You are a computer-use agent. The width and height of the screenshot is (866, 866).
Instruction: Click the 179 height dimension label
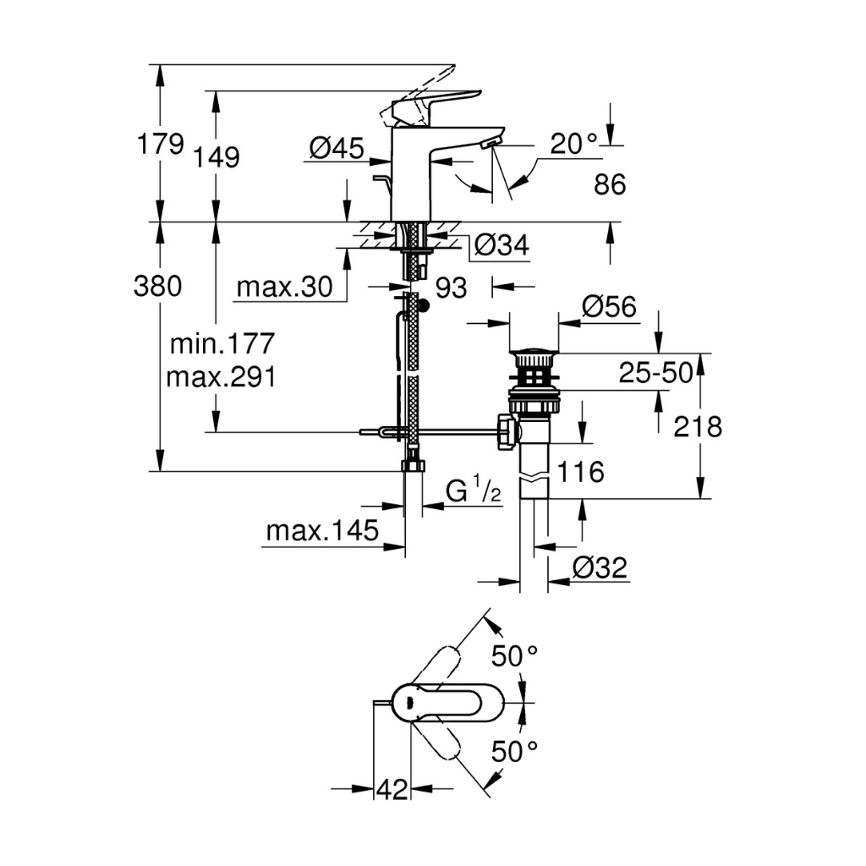(x=161, y=144)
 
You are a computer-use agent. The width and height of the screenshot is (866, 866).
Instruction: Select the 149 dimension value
(x=216, y=157)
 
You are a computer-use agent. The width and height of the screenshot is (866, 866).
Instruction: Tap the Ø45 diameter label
(x=336, y=150)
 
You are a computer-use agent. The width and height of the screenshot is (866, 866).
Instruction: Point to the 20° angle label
(x=573, y=144)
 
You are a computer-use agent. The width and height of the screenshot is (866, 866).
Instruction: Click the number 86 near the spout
(x=610, y=184)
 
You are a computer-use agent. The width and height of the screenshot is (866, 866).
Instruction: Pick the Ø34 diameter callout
(x=501, y=245)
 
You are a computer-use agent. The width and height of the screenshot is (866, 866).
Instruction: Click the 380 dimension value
(x=157, y=288)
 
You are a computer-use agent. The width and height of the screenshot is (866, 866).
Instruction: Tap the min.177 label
(x=222, y=343)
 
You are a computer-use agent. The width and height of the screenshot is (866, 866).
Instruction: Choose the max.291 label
(x=221, y=376)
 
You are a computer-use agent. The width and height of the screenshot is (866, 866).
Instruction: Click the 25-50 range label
(x=655, y=373)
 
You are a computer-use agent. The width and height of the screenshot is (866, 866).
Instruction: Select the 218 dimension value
(x=698, y=427)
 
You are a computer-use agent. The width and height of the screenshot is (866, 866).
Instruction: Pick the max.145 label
(x=321, y=531)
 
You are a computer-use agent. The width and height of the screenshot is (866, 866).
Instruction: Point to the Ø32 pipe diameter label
(x=600, y=568)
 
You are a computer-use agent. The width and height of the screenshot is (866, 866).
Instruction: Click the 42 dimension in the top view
(x=391, y=789)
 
